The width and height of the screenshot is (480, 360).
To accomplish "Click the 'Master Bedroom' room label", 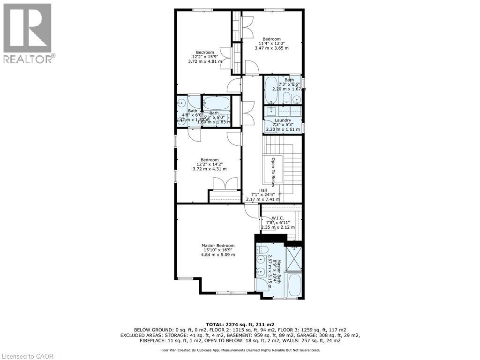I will coord(218,246).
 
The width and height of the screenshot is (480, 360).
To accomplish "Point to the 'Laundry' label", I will coord(282,120).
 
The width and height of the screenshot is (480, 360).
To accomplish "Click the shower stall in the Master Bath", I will coord(294,259).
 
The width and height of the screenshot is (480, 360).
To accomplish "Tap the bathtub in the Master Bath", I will coord(294,285).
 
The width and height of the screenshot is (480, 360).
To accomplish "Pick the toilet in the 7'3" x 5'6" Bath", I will coord(286,97).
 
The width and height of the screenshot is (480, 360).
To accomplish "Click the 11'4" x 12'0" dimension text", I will coord(271,44).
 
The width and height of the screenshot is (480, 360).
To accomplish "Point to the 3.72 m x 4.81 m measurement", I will coord(205,61).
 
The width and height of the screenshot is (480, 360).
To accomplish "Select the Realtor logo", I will coord(28,33).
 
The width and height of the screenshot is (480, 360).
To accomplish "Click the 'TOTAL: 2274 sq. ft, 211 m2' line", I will coord(240,324).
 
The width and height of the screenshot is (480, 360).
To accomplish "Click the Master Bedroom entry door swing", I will coord(252,211).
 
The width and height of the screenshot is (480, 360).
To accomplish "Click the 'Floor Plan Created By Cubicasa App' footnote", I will coord(240,350).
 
